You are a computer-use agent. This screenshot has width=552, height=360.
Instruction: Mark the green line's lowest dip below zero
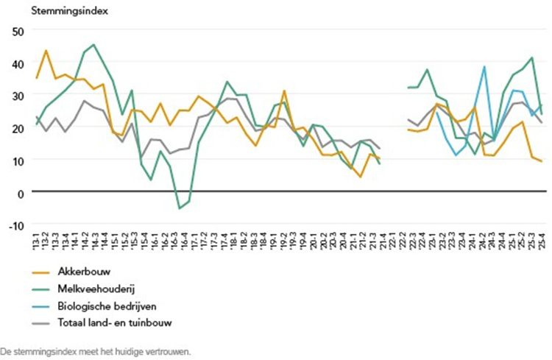179,208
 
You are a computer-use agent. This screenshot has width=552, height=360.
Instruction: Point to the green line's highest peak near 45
93,45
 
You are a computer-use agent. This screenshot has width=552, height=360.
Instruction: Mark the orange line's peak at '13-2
46,51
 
